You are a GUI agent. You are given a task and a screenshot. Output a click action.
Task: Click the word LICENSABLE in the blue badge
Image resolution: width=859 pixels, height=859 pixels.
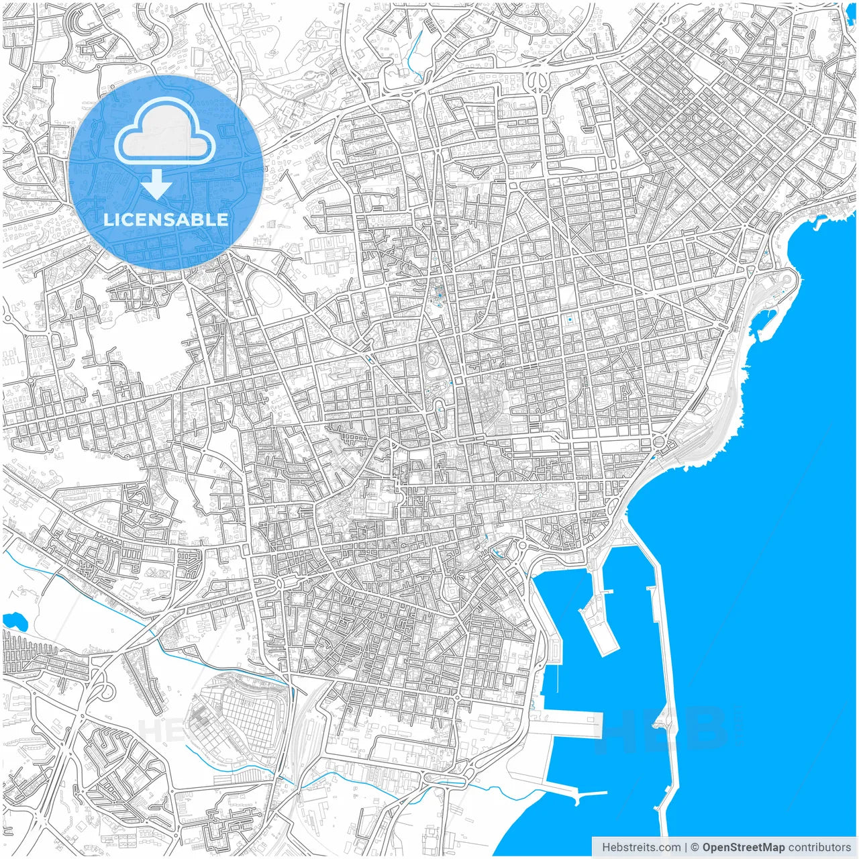tap(166, 219)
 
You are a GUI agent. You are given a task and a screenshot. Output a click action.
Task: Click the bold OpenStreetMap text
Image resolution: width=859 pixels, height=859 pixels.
tap(743, 847)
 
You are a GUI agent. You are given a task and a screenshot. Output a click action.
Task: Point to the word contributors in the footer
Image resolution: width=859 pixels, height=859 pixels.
tap(819, 847)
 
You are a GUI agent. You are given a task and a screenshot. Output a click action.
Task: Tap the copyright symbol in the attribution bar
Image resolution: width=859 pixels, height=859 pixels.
tap(695, 847)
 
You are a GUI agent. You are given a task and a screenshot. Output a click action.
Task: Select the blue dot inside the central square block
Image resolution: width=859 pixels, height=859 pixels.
tap(570, 319)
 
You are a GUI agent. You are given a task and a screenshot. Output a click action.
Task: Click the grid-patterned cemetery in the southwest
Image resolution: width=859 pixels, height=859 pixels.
tap(235, 711)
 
